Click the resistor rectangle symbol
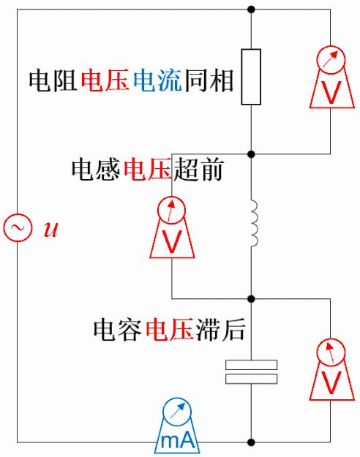(x=251, y=77)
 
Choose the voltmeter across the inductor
(x=172, y=227)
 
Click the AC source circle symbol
(x=16, y=228)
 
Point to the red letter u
(x=50, y=230)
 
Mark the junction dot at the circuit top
(x=251, y=10)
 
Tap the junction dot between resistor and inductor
(x=251, y=154)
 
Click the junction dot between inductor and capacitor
(x=251, y=299)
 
